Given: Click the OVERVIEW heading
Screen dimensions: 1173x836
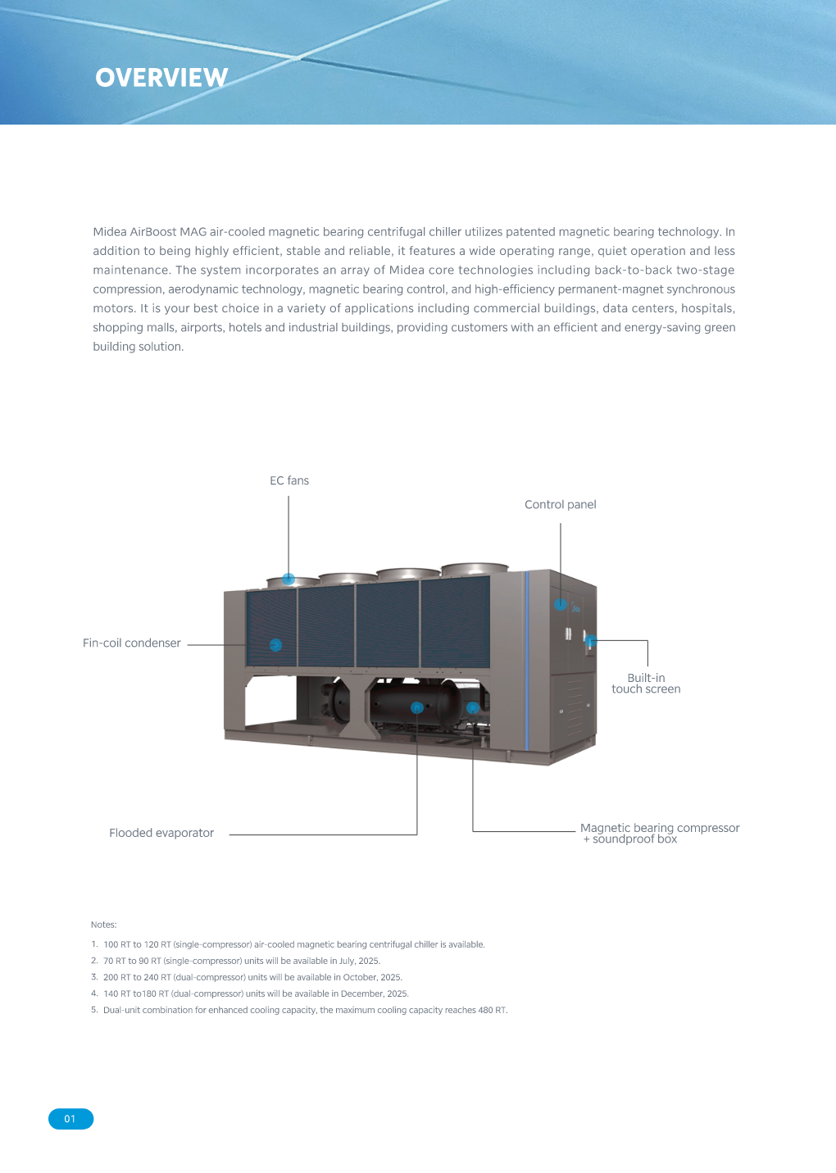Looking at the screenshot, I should point(161,78).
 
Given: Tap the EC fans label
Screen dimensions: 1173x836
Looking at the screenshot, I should point(289,481).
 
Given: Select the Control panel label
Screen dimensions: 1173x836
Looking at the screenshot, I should point(561,505).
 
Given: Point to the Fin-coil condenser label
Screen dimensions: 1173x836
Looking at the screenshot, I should point(132,643).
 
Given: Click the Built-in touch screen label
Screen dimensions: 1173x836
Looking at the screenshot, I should point(646,684).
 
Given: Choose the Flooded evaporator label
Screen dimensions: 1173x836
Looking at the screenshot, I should point(161,834).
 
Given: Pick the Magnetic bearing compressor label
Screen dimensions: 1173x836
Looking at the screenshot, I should point(660,829).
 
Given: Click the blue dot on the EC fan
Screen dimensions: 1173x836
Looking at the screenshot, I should point(289,579).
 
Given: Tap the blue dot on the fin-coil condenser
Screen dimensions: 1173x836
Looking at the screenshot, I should point(276,645).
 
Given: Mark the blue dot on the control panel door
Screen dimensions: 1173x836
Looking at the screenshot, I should point(561,605).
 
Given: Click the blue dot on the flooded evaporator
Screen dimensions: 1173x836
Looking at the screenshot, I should point(417,707).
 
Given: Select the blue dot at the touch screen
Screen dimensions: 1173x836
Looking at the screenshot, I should point(591,641).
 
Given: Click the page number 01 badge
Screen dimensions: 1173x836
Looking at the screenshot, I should point(70,1119).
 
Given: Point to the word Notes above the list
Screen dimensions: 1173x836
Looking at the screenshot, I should point(104,925).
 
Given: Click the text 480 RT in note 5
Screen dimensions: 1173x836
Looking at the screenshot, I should point(492,1011).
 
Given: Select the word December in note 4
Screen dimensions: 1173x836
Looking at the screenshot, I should point(363,994).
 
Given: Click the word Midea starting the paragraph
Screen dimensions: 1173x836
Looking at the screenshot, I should point(110,233).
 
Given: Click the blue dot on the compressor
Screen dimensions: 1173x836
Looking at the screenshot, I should point(473,707).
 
